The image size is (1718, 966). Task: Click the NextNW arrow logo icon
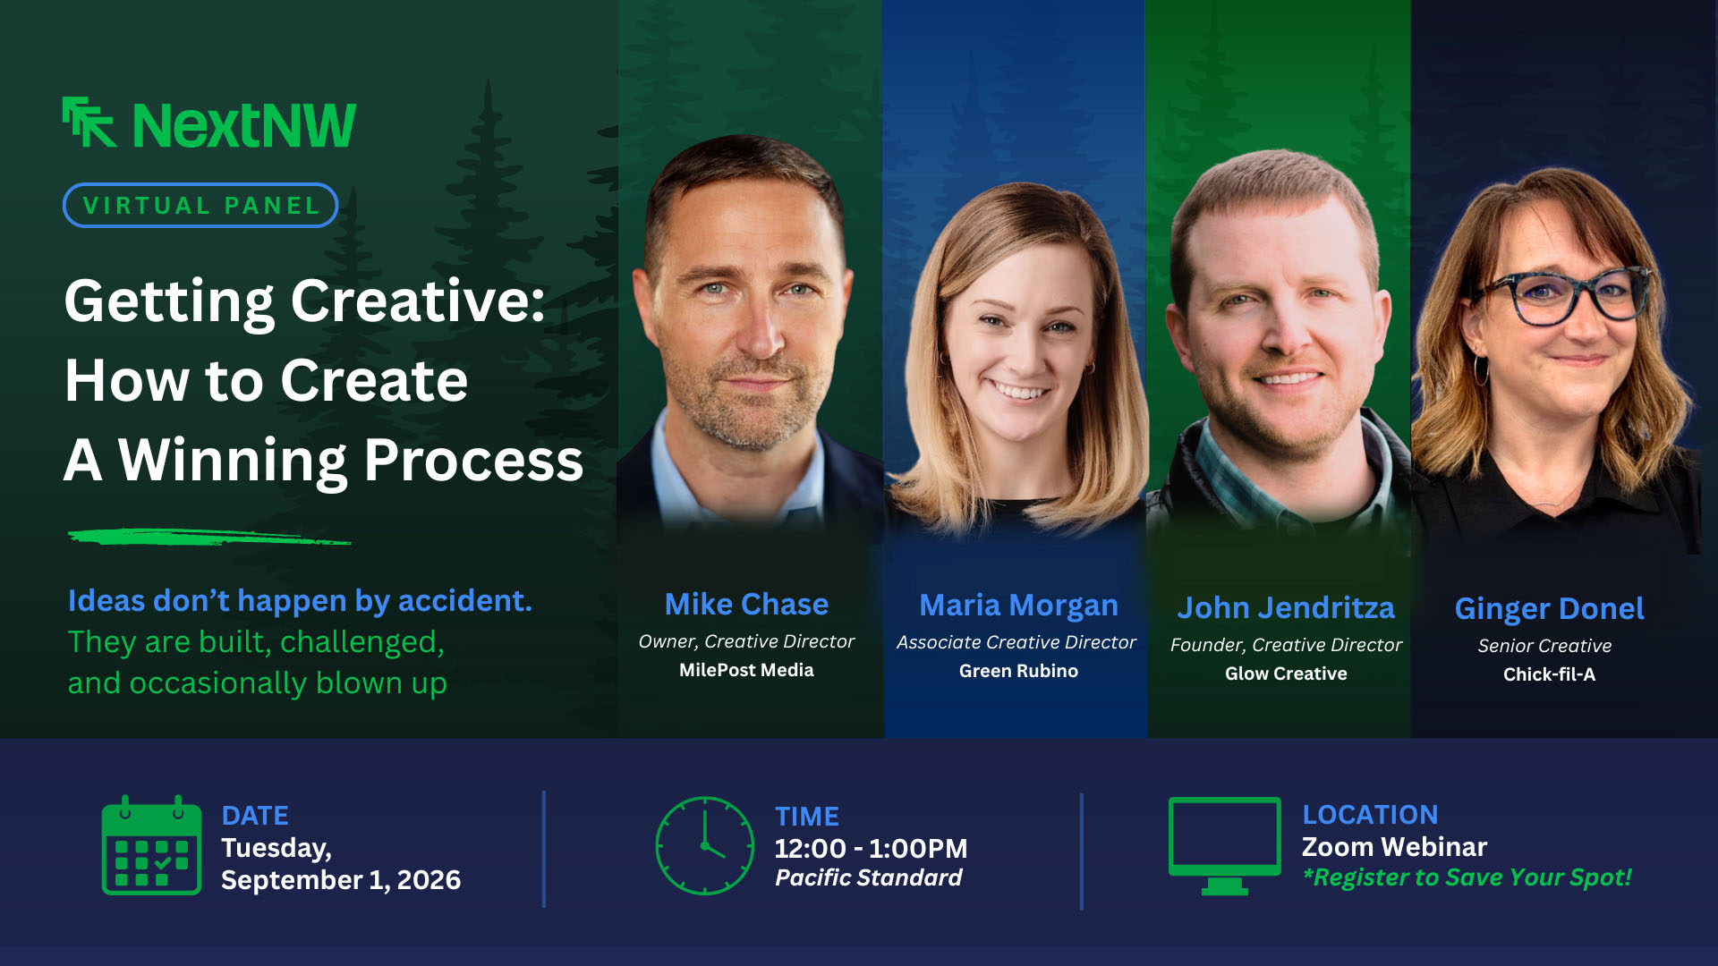pyautogui.click(x=89, y=122)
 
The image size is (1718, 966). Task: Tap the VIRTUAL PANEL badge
pyautogui.click(x=200, y=205)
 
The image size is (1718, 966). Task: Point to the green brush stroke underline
pyautogui.click(x=209, y=537)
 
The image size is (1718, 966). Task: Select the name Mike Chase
pyautogui.click(x=746, y=605)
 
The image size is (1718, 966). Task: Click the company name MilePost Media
pyautogui.click(x=746, y=670)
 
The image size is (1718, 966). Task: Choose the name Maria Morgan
pyautogui.click(x=1018, y=606)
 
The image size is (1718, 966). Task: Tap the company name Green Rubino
pyautogui.click(x=1018, y=671)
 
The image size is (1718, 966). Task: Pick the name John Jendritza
pyautogui.click(x=1286, y=608)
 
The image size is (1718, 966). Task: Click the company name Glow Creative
pyautogui.click(x=1286, y=674)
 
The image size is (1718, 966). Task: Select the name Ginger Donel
pyautogui.click(x=1549, y=609)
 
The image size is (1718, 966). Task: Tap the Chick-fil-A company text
pyautogui.click(x=1549, y=674)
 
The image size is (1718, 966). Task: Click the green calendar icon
pyautogui.click(x=151, y=845)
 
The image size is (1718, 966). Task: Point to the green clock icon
pyautogui.click(x=705, y=845)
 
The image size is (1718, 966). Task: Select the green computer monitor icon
pyautogui.click(x=1224, y=845)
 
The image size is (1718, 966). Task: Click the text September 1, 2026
pyautogui.click(x=341, y=880)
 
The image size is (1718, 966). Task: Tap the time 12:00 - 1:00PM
pyautogui.click(x=871, y=848)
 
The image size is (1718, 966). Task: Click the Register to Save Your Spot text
pyautogui.click(x=1467, y=877)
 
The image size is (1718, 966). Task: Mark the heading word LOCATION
pyautogui.click(x=1370, y=815)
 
